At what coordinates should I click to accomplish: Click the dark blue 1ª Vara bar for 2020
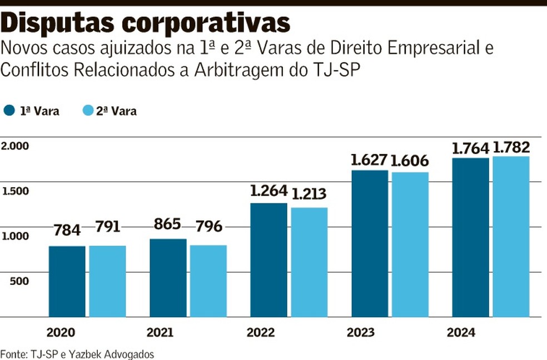coord(67,281)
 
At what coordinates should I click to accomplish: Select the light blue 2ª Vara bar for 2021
coord(208,281)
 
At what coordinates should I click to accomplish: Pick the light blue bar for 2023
coord(410,244)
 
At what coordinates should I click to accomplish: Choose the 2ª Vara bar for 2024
coord(511,237)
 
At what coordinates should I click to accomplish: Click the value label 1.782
coord(511,148)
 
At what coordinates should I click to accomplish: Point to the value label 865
coord(168,224)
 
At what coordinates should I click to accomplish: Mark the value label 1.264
coord(269,191)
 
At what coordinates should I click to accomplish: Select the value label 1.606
coord(410,161)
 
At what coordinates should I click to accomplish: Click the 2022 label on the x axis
coord(261,333)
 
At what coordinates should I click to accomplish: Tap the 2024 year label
coord(461,333)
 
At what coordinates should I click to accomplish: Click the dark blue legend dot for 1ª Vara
coord(9,110)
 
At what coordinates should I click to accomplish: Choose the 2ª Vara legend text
coord(116,111)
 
